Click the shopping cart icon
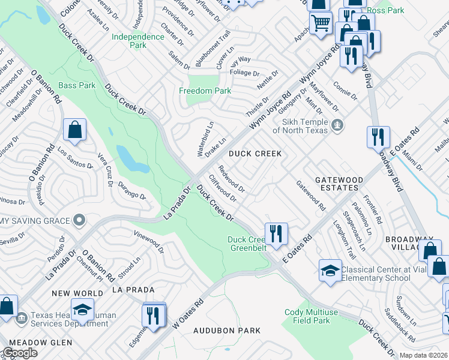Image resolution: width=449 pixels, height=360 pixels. click(x=321, y=23)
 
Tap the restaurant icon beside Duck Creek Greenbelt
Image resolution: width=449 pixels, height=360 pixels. click(x=276, y=232)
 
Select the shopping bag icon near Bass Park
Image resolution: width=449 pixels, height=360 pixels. click(x=75, y=130)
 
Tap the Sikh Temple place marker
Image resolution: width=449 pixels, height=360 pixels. click(x=338, y=126)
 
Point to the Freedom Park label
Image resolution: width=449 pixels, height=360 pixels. click(x=205, y=91)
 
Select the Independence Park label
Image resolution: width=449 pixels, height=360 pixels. click(x=138, y=41)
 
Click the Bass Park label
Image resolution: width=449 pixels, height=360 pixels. click(x=77, y=86)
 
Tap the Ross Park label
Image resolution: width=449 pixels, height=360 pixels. click(x=385, y=10)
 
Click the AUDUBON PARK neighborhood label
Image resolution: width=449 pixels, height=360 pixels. click(x=227, y=331)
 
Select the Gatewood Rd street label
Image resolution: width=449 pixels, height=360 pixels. click(x=310, y=196)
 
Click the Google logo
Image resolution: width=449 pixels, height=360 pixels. click(x=20, y=352)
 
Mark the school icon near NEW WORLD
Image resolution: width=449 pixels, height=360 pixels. click(x=82, y=309)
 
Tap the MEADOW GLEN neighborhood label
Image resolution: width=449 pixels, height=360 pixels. click(x=36, y=343)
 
